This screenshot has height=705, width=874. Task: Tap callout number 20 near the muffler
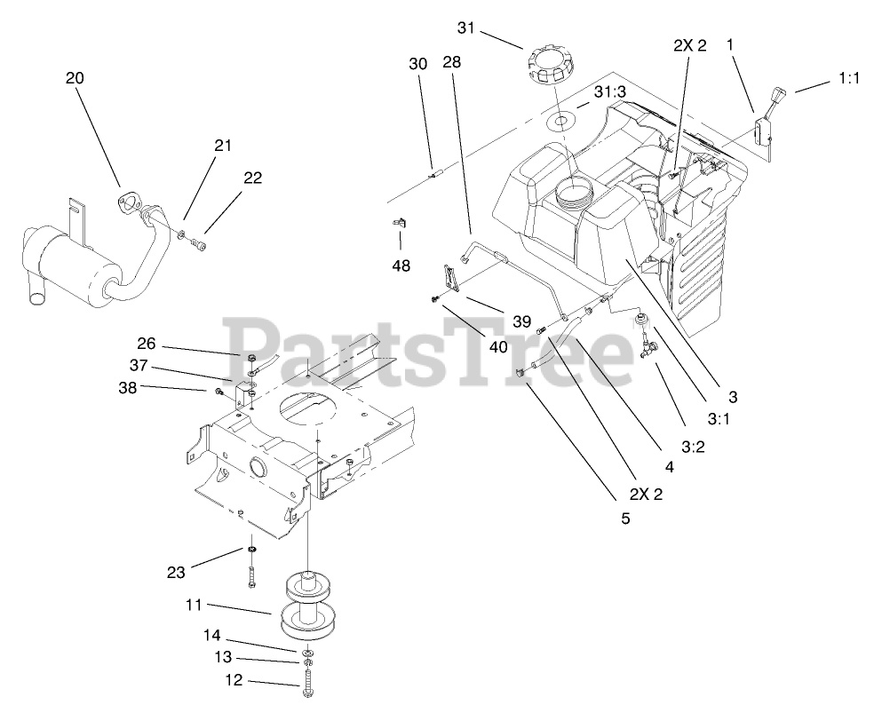coord(75,78)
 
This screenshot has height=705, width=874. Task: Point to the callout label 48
coord(401,265)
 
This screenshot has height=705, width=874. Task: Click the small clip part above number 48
coord(400,222)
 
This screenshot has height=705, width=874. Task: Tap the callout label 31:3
coord(611,91)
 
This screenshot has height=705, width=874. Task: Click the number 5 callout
coord(625,518)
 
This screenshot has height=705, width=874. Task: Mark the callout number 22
coord(252,178)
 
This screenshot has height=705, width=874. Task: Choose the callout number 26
coord(147,343)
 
